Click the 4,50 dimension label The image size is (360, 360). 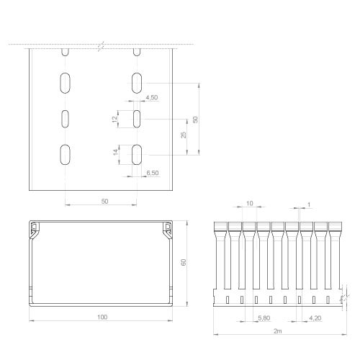tap(152, 97)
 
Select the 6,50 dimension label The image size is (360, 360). tap(153, 173)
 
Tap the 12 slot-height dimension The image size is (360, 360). tap(114, 119)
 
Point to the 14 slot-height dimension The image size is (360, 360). tap(116, 152)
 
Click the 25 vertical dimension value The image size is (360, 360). tap(184, 135)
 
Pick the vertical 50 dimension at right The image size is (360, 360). tap(195, 120)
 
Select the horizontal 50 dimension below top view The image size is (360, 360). tap(104, 202)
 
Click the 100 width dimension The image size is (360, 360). tap(102, 317)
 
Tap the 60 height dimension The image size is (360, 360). tap(184, 262)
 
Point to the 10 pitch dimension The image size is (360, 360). tap(250, 203)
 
